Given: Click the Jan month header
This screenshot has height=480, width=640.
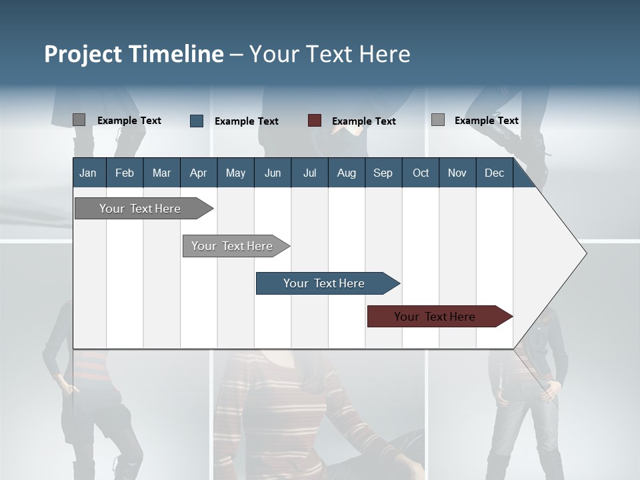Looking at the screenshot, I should click(88, 173).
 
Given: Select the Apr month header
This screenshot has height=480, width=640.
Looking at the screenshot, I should click(198, 173).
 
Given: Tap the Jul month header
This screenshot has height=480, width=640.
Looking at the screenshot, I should click(309, 173).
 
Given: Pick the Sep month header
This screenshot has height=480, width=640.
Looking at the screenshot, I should click(383, 173).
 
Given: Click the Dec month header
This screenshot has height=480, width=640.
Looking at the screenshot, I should click(494, 173).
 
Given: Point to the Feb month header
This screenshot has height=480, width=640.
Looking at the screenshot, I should click(125, 173).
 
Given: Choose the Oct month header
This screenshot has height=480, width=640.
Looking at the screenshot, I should click(421, 173).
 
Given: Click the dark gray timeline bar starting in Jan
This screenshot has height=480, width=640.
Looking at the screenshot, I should click(140, 209).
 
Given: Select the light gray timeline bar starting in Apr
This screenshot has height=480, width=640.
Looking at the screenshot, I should click(232, 246).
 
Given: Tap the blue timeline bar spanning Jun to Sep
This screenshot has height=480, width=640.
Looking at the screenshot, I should click(324, 283).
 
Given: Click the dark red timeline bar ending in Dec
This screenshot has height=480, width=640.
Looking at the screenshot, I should click(435, 317).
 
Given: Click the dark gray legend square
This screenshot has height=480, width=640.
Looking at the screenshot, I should click(79, 120).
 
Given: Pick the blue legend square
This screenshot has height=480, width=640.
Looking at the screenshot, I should click(197, 121).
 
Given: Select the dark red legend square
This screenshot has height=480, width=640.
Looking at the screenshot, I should click(315, 121).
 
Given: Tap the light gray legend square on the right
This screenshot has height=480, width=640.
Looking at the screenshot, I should click(438, 120).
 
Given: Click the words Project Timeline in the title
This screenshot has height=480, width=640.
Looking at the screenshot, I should click(134, 54).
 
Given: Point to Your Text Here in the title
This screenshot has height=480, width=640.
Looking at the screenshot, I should click(330, 54).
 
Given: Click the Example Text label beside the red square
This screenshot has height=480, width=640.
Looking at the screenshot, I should click(363, 121).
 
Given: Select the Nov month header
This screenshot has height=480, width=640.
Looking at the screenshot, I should click(457, 173).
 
